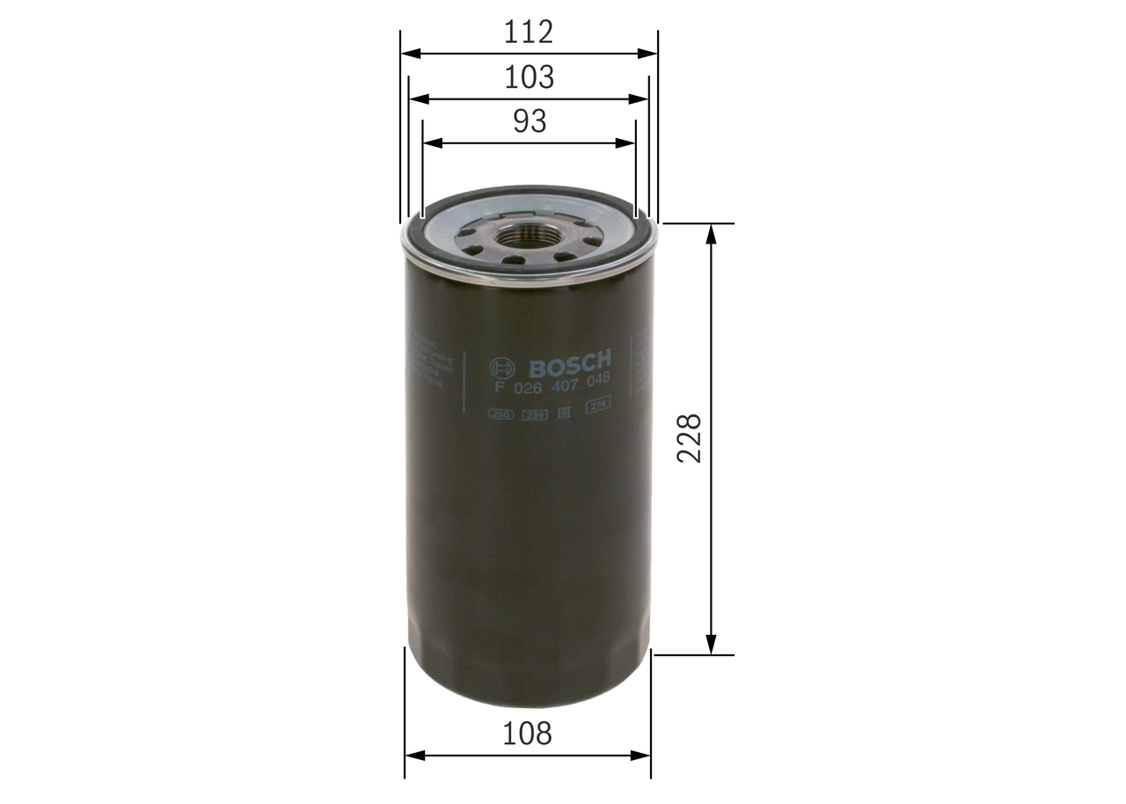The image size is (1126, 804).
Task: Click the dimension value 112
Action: pyautogui.click(x=529, y=33)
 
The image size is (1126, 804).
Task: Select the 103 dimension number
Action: pyautogui.click(x=529, y=77)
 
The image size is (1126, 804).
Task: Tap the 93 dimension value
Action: pyautogui.click(x=529, y=121)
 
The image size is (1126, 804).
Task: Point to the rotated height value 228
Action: pyautogui.click(x=689, y=437)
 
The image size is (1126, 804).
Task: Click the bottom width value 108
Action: pyautogui.click(x=529, y=733)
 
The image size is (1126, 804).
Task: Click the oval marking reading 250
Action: pyautogui.click(x=501, y=414)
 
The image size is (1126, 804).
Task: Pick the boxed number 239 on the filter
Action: pyautogui.click(x=534, y=414)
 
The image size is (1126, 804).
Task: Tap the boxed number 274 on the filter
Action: pyautogui.click(x=599, y=406)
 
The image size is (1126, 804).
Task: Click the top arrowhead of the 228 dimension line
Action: pyautogui.click(x=711, y=231)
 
